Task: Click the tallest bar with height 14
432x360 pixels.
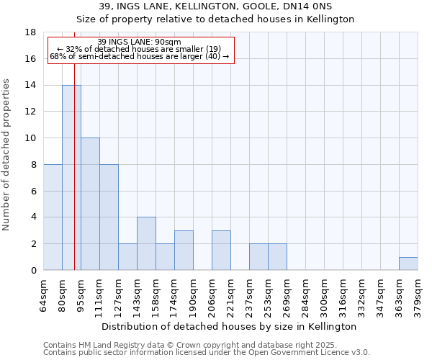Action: (71, 178)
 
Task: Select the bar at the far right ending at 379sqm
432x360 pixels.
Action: (408, 264)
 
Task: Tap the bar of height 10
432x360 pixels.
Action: (90, 204)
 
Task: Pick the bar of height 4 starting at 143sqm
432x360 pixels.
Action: (146, 243)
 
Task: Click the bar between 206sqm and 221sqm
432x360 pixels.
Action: (221, 250)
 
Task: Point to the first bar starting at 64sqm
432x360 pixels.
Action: (53, 217)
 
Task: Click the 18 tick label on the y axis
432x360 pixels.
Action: (31, 32)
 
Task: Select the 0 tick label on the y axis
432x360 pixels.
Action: (33, 271)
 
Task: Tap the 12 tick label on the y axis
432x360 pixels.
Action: (31, 112)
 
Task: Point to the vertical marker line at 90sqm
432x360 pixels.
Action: (74, 180)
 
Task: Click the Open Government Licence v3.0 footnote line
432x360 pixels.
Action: (207, 353)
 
